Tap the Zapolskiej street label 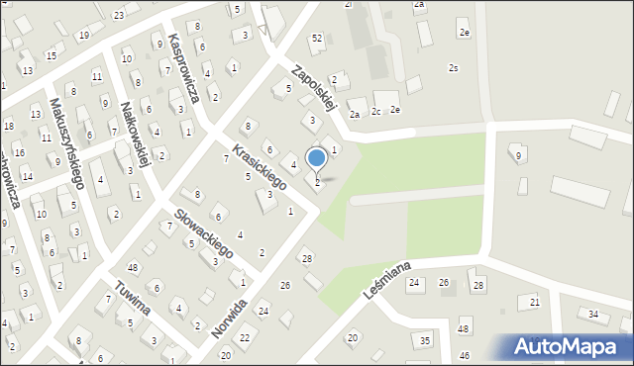click(x=316, y=85)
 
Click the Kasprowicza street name click(x=185, y=69)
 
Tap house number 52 click(x=317, y=38)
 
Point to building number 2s click(x=453, y=68)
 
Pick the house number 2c click(x=376, y=111)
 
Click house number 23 click(x=119, y=15)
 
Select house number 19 click(x=84, y=36)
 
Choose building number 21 click(x=535, y=302)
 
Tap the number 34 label click(x=593, y=315)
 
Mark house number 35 click(x=425, y=340)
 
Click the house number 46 click(x=464, y=354)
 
